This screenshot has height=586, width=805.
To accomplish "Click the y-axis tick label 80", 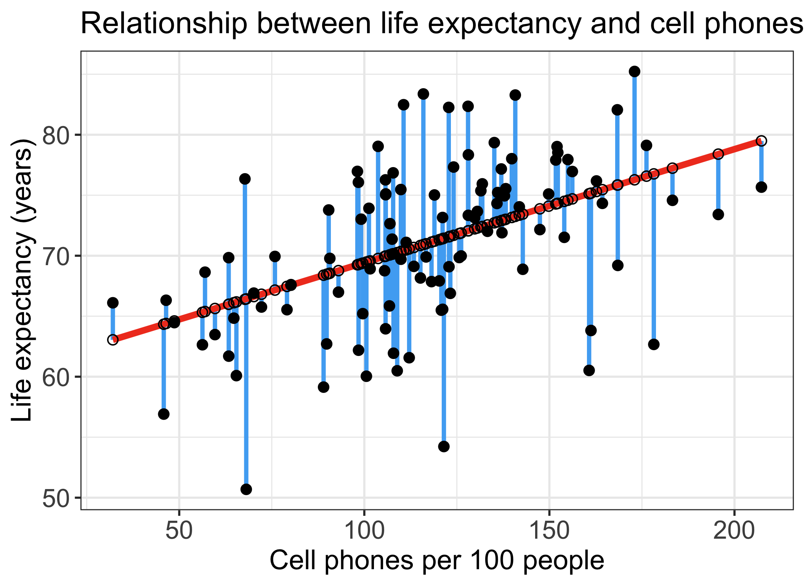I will [x=57, y=135].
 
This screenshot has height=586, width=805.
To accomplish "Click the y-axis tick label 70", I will [x=57, y=256].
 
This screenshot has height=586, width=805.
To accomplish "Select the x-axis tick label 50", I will [x=179, y=531].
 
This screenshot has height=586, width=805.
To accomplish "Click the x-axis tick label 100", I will [x=364, y=531].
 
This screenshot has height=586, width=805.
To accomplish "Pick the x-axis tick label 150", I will [x=549, y=531].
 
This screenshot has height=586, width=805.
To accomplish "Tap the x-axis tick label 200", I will [x=734, y=531].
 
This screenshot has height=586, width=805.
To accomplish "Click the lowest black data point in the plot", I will [x=246, y=489].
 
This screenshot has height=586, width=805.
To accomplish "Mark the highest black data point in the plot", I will [x=635, y=71].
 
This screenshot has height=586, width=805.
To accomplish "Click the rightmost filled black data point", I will [x=761, y=187].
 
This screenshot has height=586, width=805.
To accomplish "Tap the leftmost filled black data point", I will [x=112, y=303].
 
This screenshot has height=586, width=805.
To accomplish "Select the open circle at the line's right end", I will [x=761, y=141].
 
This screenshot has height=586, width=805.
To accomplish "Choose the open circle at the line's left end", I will [x=112, y=340].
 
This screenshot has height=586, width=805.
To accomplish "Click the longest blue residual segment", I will [x=245, y=334].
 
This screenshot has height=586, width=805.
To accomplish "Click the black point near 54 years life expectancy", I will [x=444, y=446].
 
